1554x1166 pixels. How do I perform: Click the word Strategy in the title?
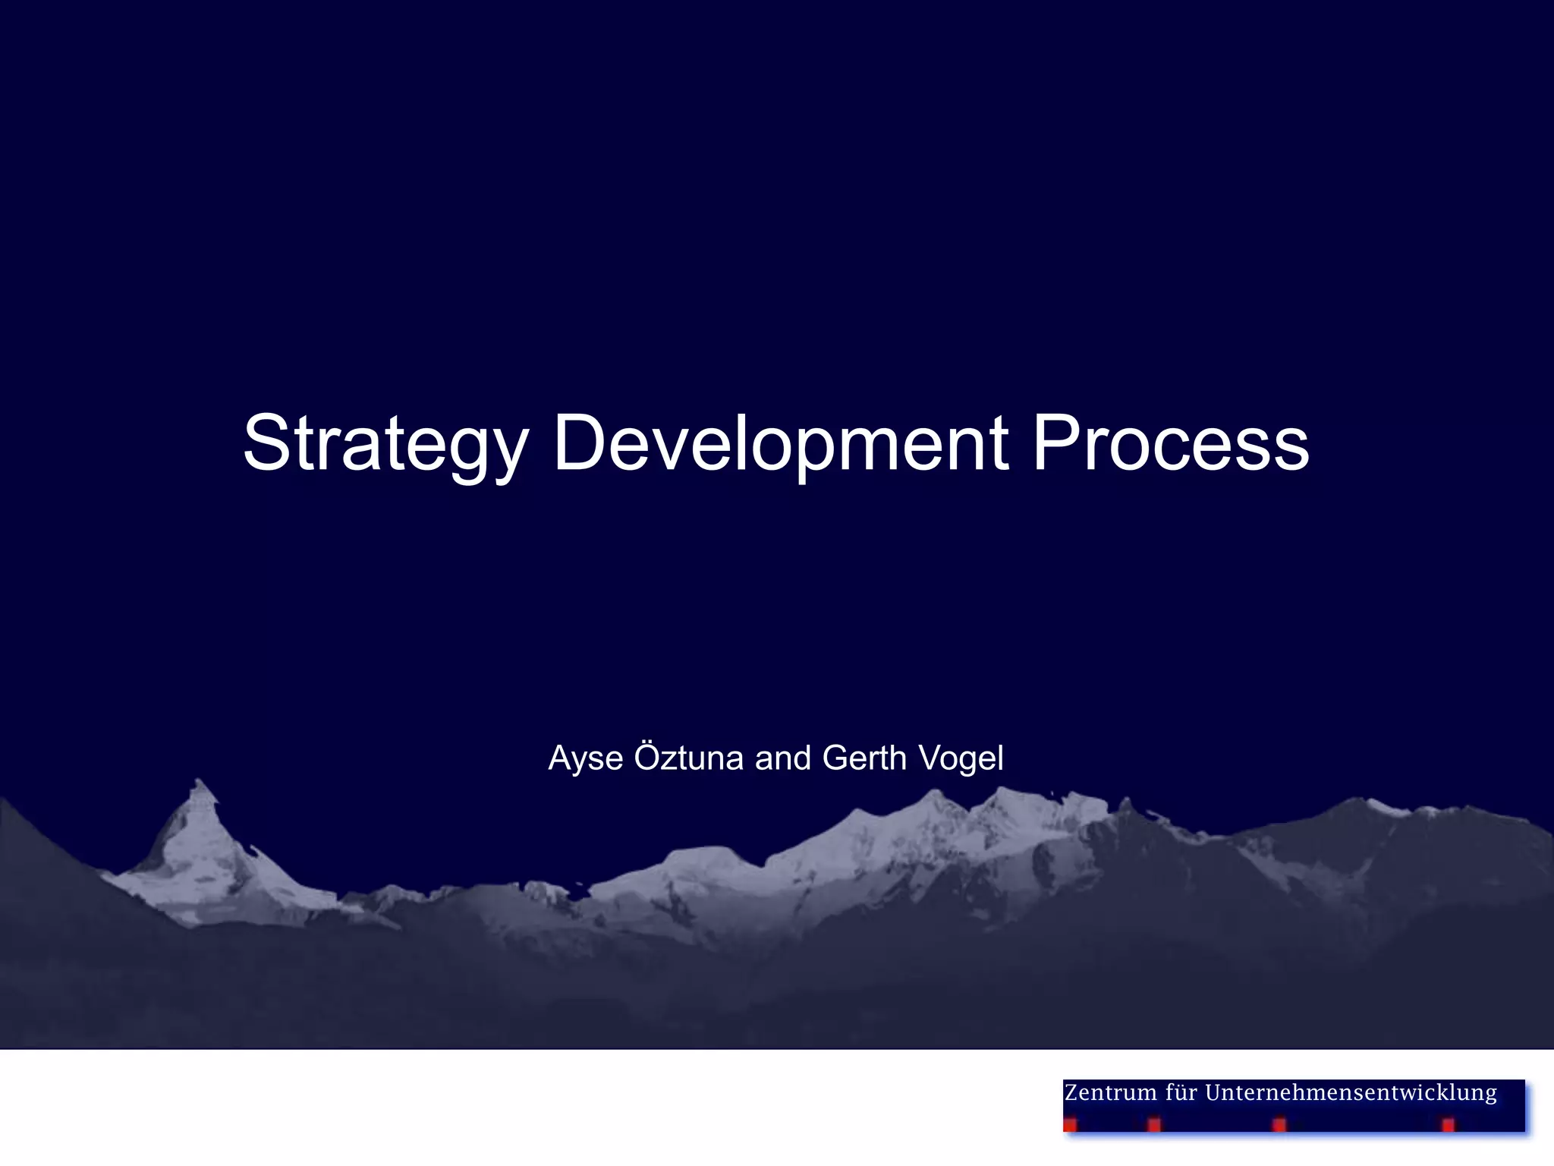[385, 444]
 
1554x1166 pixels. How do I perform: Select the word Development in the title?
[781, 444]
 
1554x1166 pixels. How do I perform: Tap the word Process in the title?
[1170, 444]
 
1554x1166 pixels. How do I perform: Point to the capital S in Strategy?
[267, 443]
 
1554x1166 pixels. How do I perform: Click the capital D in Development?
[583, 443]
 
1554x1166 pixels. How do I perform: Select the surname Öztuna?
[688, 757]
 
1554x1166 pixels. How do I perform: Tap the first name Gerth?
[864, 758]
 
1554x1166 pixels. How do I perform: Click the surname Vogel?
[960, 758]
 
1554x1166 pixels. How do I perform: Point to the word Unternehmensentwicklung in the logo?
[1351, 1093]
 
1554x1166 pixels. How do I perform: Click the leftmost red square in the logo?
[1070, 1125]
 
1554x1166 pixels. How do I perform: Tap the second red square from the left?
[1154, 1124]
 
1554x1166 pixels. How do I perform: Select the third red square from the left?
[1279, 1124]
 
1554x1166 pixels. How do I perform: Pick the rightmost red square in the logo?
[1448, 1124]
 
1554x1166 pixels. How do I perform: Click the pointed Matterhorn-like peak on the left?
[200, 793]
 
